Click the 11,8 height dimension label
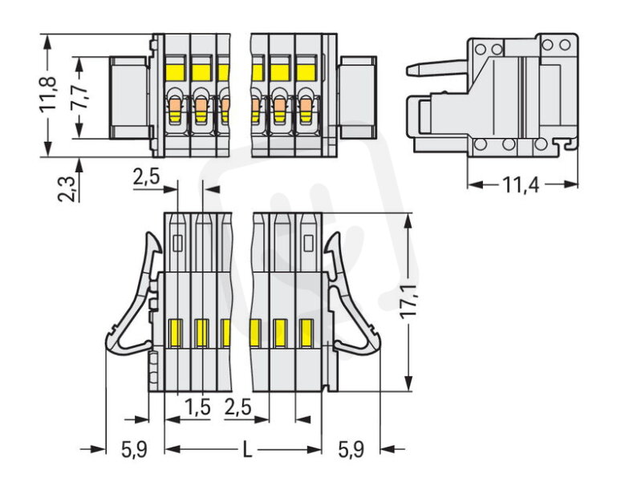click(47, 95)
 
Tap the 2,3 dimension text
click(66, 189)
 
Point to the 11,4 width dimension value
click(522, 185)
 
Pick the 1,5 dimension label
click(197, 407)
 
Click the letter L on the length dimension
click(247, 450)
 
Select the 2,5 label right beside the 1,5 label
click(238, 407)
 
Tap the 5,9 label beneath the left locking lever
click(134, 450)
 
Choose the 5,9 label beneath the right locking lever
click(351, 450)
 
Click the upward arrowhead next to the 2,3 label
click(79, 165)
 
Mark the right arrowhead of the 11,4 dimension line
click(571, 184)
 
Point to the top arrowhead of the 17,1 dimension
click(408, 222)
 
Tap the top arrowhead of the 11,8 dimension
click(47, 42)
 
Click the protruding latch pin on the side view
click(436, 67)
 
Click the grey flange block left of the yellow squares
click(128, 98)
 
